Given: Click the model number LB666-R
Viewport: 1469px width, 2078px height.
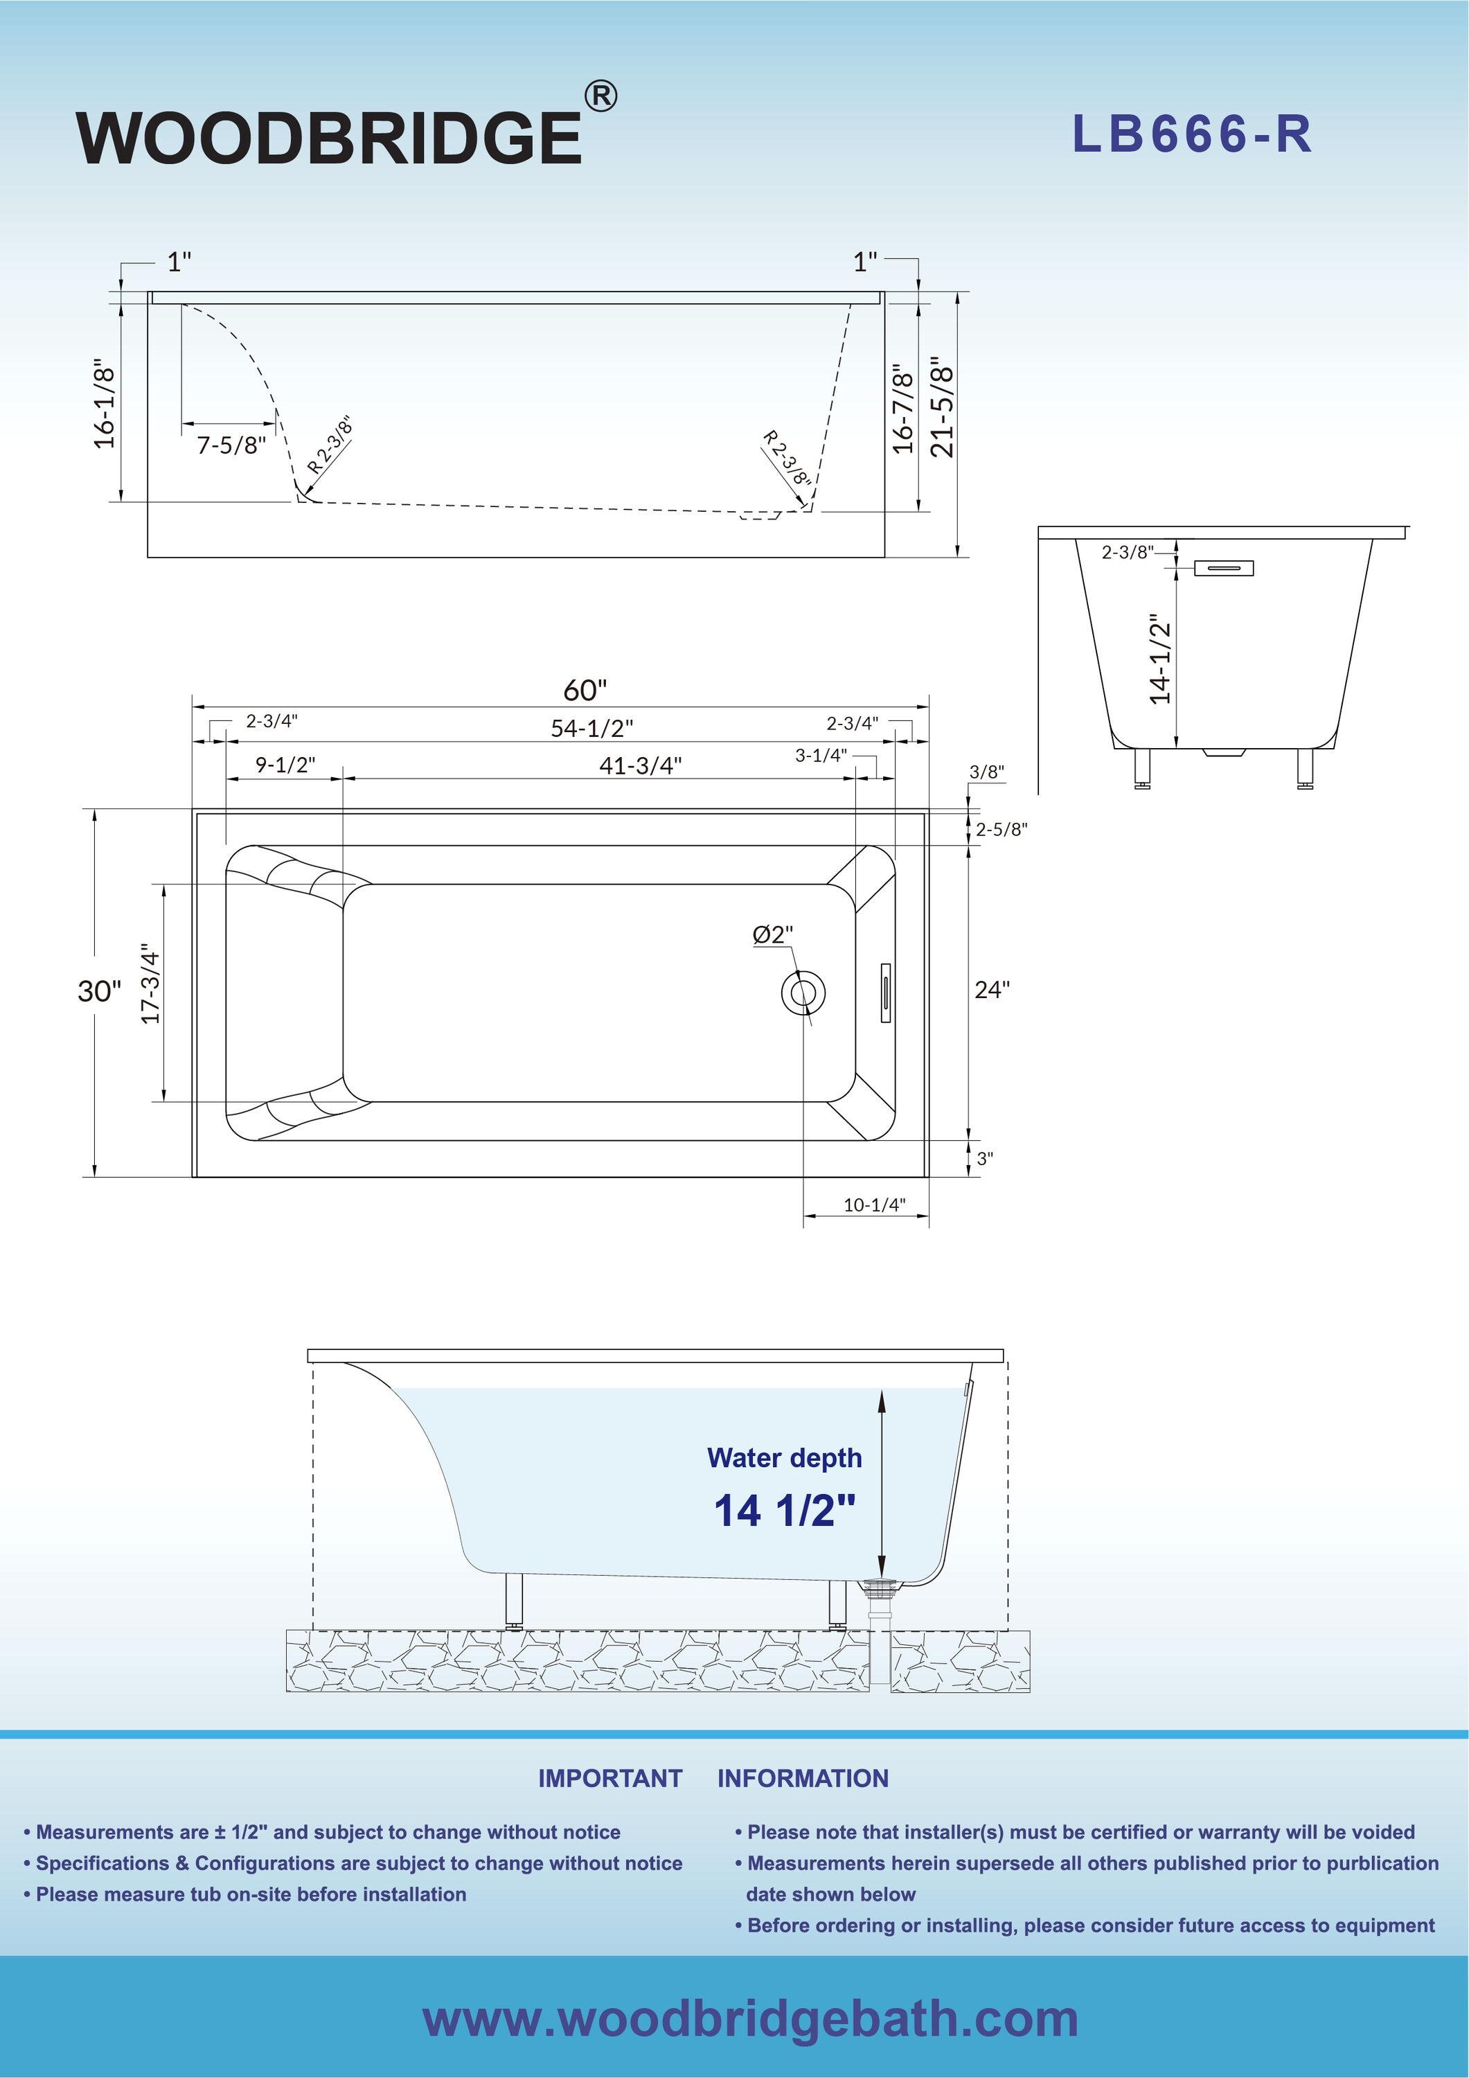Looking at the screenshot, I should tap(1191, 135).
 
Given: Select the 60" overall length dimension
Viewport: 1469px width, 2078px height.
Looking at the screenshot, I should tap(585, 691).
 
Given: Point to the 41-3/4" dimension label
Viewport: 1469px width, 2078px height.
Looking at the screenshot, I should tap(640, 765).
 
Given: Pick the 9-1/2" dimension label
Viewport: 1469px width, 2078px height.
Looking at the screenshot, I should tap(285, 765).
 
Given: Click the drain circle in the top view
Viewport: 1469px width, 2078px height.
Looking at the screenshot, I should tap(803, 992).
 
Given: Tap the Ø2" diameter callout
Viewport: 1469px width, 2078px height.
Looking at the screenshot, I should tap(772, 934).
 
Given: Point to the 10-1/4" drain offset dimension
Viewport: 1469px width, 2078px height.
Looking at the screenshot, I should tap(873, 1205).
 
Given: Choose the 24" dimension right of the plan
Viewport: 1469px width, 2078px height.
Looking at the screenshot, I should tap(992, 989).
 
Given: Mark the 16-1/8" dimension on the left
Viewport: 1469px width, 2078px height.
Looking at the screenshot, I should tap(105, 405).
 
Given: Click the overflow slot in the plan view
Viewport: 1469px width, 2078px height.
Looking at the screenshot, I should tap(885, 992).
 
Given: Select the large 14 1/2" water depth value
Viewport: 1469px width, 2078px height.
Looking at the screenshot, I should tap(784, 1511).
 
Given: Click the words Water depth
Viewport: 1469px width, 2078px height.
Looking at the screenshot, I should tap(784, 1458).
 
